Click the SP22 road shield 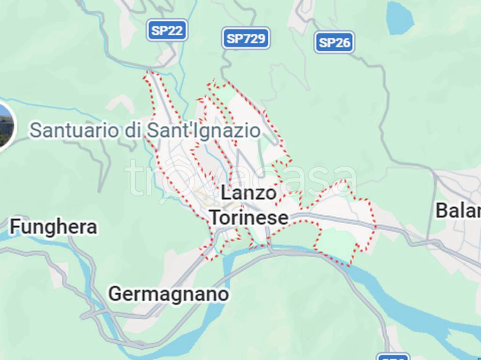pos(167,31)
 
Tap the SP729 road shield pos(246,39)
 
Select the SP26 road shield pos(334,43)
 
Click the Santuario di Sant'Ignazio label pos(145,130)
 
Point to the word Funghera pos(54,227)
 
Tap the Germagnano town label pos(169,294)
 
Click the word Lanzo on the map pos(248,193)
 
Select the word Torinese pos(248,218)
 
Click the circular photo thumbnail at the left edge pos(5,125)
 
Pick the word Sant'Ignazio pos(203,130)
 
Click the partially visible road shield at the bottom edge pos(393,357)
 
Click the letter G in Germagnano pos(115,294)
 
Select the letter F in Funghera pos(15,227)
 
